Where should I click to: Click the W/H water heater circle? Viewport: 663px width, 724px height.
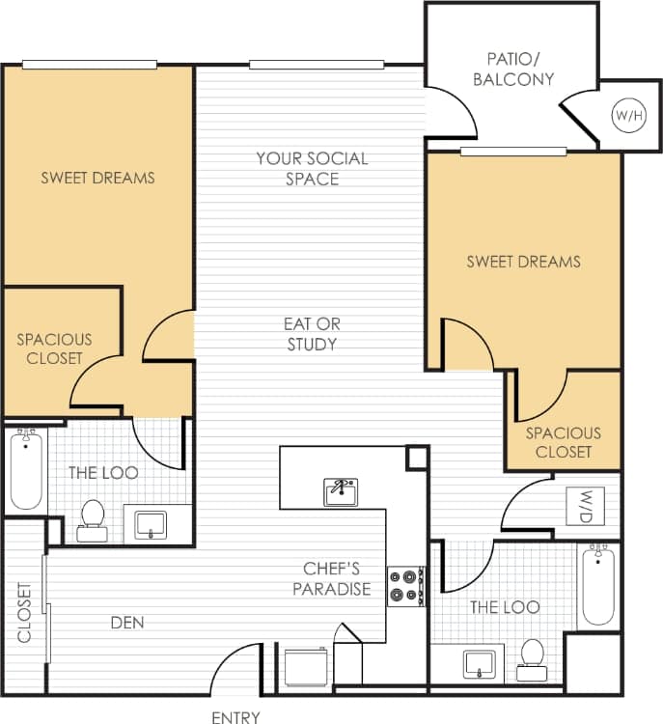click(x=627, y=116)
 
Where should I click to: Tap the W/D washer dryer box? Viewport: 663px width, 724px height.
click(x=591, y=505)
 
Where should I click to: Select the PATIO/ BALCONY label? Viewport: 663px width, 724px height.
click(x=513, y=70)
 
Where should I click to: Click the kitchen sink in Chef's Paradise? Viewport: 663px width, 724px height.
click(x=340, y=491)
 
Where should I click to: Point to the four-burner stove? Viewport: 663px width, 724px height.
click(x=406, y=586)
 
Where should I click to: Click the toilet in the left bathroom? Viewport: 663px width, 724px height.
click(x=93, y=515)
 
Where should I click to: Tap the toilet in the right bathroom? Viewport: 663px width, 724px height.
click(x=531, y=654)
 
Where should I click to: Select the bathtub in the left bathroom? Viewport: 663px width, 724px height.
click(x=26, y=470)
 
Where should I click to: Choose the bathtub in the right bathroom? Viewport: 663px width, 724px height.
click(x=598, y=584)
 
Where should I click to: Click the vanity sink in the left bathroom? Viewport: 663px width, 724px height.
click(x=152, y=524)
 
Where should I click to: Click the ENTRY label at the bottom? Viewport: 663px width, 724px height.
click(x=235, y=716)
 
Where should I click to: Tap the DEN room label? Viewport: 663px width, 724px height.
click(x=127, y=623)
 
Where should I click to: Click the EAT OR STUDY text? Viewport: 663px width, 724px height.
click(x=312, y=334)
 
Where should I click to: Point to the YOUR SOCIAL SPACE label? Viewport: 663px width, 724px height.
click(x=312, y=168)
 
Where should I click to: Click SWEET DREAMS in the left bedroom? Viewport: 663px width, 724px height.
click(x=97, y=178)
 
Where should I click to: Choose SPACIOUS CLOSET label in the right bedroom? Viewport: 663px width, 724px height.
click(x=563, y=442)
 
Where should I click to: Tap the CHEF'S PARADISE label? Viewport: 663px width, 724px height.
click(x=331, y=579)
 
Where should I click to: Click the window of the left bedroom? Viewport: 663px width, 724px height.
click(x=90, y=65)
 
